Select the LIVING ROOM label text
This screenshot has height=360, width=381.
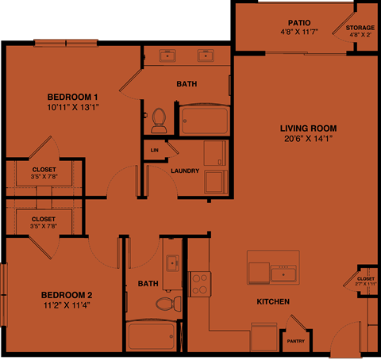click(308, 128)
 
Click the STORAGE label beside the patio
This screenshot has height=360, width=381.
click(360, 28)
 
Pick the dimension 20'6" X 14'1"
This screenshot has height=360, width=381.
click(308, 139)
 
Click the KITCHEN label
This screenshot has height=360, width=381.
click(272, 302)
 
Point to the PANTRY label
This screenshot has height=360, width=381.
click(295, 342)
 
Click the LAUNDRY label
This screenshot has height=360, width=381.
click(184, 170)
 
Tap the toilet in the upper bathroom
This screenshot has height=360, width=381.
click(158, 120)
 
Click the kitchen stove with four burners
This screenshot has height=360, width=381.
click(199, 284)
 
